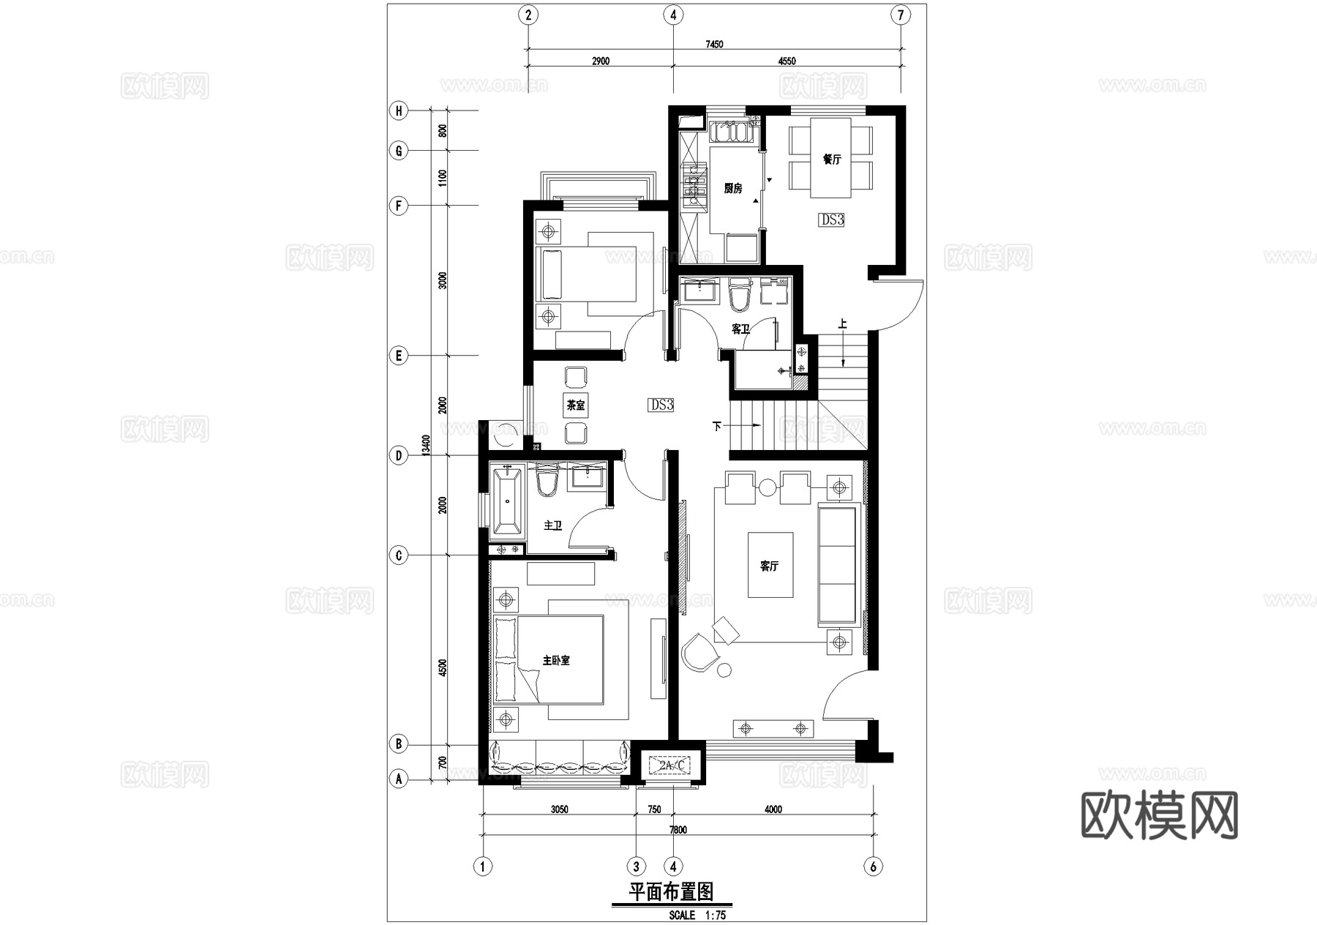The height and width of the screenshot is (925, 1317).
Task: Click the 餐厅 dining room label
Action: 832,159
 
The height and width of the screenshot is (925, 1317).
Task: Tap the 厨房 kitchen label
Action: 733,188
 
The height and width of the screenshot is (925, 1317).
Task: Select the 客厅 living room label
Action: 769,566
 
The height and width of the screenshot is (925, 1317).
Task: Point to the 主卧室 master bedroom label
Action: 556,660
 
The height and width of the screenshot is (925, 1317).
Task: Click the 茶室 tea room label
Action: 576,405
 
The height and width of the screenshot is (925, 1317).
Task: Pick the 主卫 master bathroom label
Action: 553,525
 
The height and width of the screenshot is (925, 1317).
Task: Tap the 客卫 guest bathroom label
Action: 740,329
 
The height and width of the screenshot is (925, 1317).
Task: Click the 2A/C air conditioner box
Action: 670,766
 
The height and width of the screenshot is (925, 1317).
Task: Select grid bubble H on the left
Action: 399,111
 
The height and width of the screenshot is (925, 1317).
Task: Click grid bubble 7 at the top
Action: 901,15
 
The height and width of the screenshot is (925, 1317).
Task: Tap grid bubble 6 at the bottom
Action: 873,866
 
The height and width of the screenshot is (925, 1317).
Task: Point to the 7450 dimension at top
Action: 714,44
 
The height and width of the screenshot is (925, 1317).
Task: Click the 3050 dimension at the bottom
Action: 559,809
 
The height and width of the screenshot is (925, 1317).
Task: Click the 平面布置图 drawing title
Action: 671,891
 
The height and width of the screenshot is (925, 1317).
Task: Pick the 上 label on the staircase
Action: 843,323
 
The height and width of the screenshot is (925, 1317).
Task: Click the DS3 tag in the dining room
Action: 832,220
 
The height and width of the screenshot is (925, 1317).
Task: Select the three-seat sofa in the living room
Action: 837,564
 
